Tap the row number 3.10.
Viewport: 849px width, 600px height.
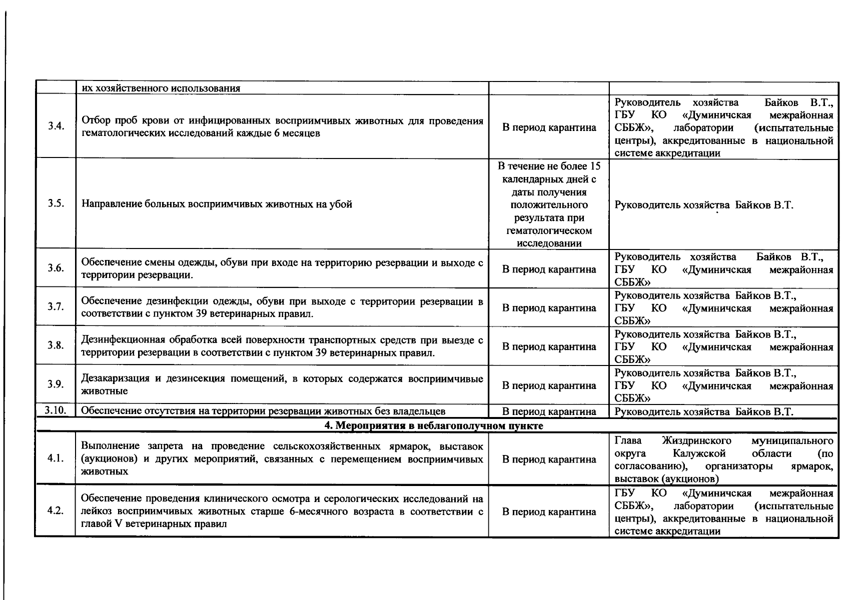[55, 410]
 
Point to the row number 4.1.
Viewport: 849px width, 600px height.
[56, 458]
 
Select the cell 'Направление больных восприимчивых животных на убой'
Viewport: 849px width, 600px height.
[217, 204]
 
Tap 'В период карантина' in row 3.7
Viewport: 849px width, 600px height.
[549, 308]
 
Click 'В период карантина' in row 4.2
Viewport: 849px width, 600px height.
[549, 511]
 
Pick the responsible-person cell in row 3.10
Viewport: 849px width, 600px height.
[703, 412]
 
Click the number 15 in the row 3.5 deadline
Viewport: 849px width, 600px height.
[595, 166]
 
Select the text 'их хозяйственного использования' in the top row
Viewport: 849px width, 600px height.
[161, 88]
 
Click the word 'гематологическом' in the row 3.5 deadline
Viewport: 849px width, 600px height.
[549, 230]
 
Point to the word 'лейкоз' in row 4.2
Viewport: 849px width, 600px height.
[94, 511]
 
